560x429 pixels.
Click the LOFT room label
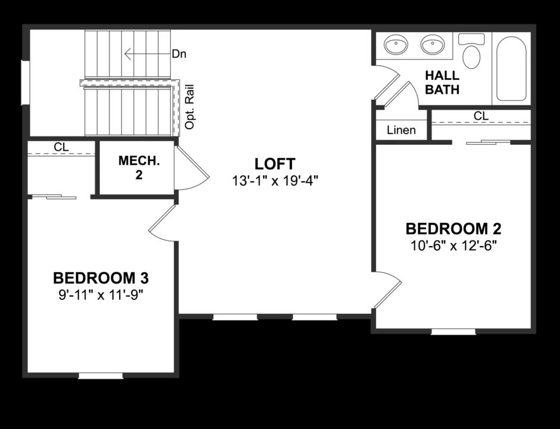click(x=274, y=164)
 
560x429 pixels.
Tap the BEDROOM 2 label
click(x=453, y=229)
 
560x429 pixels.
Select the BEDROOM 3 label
click(x=101, y=278)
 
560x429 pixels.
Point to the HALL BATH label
click(x=442, y=82)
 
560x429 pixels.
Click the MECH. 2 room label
click(x=139, y=167)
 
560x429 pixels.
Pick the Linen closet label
click(x=401, y=130)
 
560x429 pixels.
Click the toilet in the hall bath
click(x=471, y=51)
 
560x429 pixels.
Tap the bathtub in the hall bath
click(x=511, y=69)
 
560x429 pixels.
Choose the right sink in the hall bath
click(x=433, y=45)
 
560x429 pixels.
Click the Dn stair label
click(x=179, y=54)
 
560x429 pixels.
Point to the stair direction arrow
click(x=147, y=54)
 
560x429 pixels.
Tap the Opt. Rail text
click(x=190, y=107)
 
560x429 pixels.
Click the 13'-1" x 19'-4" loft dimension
click(x=274, y=181)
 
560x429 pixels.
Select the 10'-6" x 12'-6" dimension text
click(x=453, y=246)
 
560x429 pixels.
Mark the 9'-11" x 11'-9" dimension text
click(x=101, y=295)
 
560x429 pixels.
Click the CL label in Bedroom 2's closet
click(x=481, y=116)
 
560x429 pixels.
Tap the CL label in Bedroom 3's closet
click(x=61, y=147)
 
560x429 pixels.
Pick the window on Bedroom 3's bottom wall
click(x=101, y=376)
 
